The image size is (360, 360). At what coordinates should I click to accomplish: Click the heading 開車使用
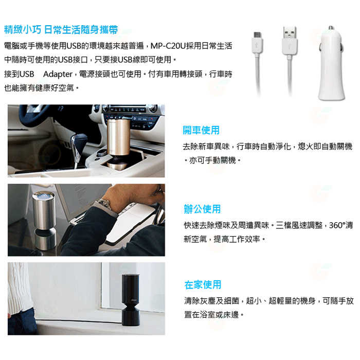201,130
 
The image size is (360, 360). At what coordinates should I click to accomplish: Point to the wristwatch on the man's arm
106,204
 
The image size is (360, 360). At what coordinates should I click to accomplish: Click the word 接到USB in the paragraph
19,74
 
